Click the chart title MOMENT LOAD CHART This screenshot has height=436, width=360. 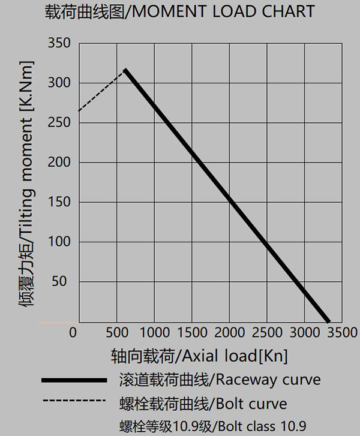[179, 11]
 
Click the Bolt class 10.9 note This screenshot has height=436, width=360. [212, 426]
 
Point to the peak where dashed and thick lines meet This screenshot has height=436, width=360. [125, 70]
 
